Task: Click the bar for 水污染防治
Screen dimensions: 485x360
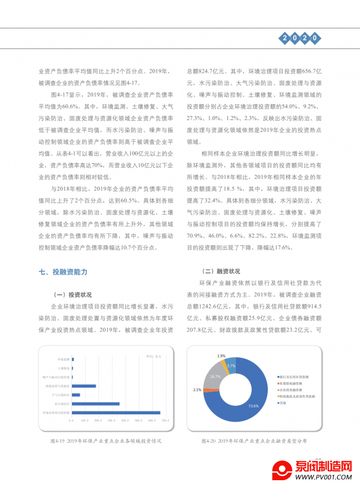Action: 96,403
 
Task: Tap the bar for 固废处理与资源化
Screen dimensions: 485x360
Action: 84,386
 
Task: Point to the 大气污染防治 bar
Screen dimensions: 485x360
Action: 76,395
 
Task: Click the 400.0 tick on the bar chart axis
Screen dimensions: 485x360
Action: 125,421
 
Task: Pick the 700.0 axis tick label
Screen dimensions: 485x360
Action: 166,421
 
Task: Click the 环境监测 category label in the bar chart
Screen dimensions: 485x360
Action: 63,359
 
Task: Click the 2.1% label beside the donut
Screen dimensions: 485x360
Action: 197,389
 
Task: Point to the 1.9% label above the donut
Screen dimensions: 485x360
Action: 221,356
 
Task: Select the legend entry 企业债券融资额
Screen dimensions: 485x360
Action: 294,389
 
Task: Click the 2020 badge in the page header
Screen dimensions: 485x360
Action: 299,37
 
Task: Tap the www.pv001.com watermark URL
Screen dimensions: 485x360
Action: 322,477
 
